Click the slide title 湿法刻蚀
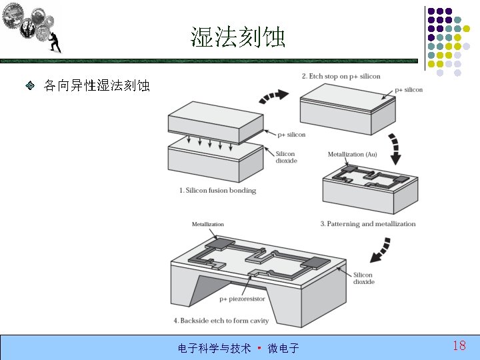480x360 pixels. coord(238,37)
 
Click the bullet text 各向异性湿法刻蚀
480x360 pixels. coord(97,86)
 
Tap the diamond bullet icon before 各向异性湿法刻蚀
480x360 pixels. coord(30,86)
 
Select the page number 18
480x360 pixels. coord(459,345)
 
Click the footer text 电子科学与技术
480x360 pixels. coord(214,348)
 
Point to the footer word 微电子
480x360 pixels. coord(283,348)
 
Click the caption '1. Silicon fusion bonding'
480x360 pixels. coord(217,191)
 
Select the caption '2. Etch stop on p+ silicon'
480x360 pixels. coord(341,76)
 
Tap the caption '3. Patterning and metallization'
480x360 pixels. coord(367,224)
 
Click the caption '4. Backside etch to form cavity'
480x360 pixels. coord(221,321)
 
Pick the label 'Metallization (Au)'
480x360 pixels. coord(352,155)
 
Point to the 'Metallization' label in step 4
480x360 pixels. coord(208,225)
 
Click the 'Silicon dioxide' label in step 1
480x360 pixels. coord(286,157)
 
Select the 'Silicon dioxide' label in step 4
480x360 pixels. coord(364,278)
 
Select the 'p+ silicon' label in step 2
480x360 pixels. coord(409,90)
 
